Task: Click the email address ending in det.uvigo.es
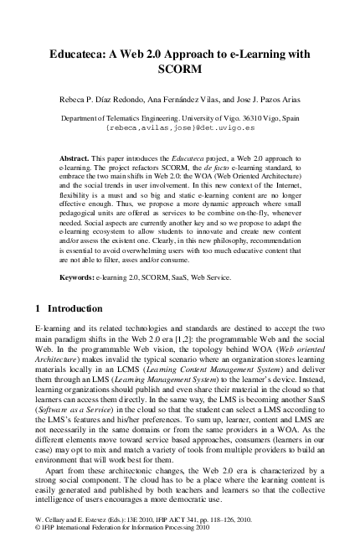180,130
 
